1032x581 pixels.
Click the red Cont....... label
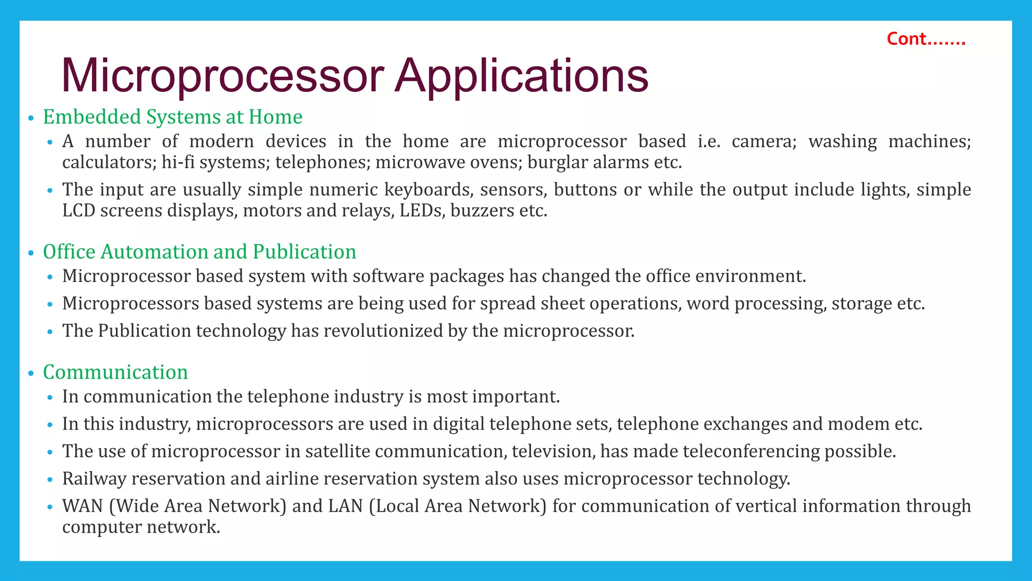pos(926,39)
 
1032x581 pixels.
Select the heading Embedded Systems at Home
pos(172,117)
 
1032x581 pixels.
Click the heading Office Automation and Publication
pos(200,252)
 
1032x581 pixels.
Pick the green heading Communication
pos(115,372)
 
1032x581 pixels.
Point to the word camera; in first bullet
pos(764,141)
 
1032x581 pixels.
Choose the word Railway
pos(94,479)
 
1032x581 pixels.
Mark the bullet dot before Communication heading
pos(31,374)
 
